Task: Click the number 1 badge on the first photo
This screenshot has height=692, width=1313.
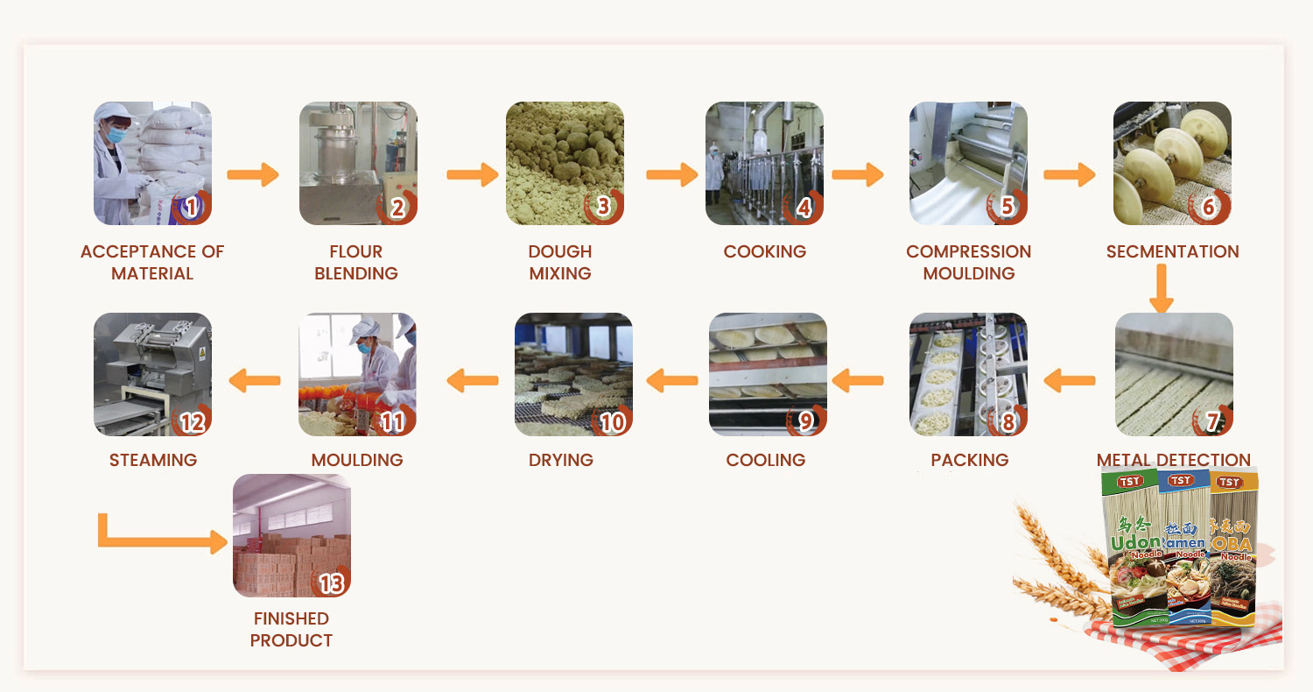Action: (192, 208)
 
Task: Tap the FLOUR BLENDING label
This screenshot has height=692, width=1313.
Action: (355, 262)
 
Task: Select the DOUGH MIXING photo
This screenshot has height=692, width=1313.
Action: (565, 163)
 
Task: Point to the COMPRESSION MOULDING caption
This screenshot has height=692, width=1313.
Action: (968, 262)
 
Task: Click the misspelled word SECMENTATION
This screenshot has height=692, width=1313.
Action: (1172, 251)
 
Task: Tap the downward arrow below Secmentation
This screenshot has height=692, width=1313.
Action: (1161, 289)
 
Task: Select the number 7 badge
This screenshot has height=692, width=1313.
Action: (1212, 421)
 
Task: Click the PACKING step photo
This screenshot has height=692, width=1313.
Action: (968, 374)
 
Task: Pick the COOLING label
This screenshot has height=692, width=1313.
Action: (765, 460)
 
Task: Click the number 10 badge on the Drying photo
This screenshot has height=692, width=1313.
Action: (612, 421)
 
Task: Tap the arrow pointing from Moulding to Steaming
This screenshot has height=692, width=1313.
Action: (254, 380)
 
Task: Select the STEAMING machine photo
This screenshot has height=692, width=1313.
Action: (152, 374)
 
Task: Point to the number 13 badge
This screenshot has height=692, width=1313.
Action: (331, 583)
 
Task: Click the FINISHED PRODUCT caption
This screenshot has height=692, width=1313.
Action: (291, 629)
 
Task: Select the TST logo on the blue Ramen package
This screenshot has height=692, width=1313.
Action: (1181, 480)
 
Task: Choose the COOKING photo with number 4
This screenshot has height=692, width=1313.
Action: (764, 163)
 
